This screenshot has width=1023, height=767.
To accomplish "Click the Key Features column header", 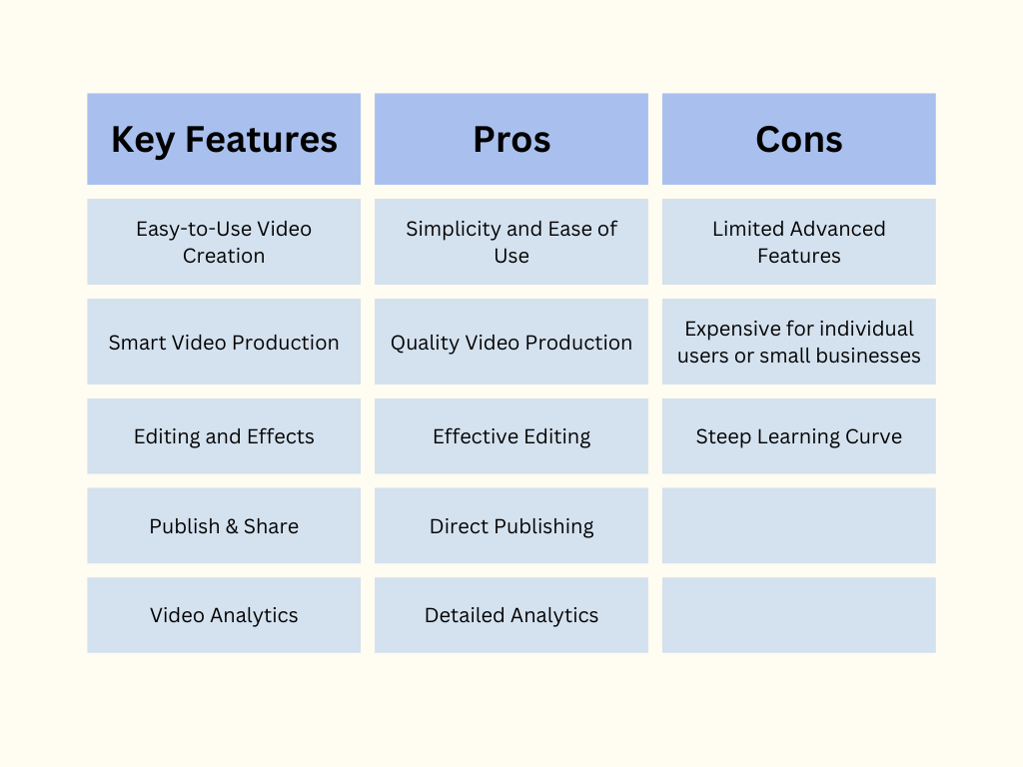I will pos(224,139).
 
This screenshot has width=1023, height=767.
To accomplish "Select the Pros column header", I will pos(511,139).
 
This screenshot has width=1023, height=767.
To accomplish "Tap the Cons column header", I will pos(799,139).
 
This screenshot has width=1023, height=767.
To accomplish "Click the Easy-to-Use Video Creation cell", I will pos(224,242).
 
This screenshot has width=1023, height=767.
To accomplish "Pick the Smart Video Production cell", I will pos(224,342).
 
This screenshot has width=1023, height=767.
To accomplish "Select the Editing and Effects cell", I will pos(224,436).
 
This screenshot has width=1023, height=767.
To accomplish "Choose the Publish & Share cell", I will pos(224,525).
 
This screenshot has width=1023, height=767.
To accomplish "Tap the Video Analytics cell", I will pos(224,615).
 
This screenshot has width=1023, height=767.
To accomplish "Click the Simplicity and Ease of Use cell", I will pos(511,242).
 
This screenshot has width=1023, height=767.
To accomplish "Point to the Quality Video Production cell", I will pos(511,342).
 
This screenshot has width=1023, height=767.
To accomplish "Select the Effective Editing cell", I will pos(511,436).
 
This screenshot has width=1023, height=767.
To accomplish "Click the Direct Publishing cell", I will pos(511,525).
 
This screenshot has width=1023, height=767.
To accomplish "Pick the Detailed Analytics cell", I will pos(511,615).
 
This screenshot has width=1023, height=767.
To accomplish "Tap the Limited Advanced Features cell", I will pos(799,242).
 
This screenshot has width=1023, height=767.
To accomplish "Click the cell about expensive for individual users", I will pos(799,342).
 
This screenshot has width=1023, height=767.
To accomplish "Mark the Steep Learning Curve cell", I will pos(799,436).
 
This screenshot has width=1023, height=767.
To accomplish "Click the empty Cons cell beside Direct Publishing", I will pos(799,525).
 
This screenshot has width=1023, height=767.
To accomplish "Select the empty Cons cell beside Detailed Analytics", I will pos(799,615).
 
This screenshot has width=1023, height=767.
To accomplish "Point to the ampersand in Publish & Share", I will pos(232,526).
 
